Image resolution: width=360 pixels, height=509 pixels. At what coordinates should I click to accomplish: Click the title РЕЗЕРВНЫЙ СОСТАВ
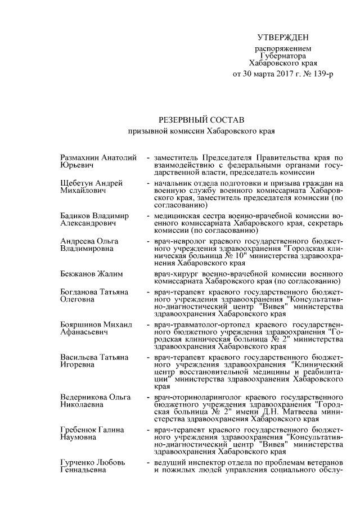[200, 120]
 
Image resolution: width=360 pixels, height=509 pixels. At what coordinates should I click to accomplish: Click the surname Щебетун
[78, 183]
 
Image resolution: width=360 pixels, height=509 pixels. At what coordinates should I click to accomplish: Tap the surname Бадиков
[76, 216]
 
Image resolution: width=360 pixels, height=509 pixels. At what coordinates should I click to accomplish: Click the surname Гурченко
[78, 462]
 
